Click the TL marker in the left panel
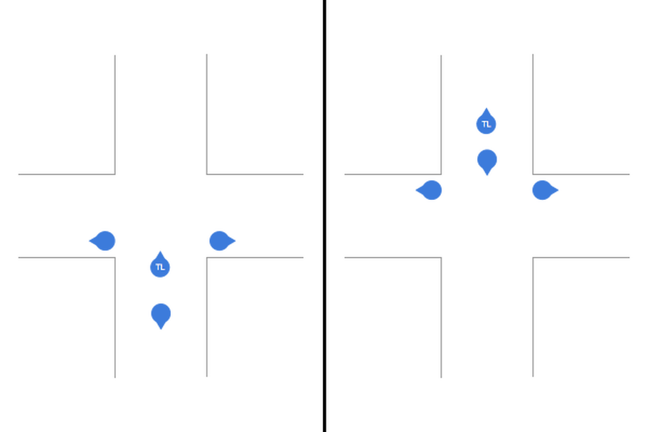(x=159, y=267)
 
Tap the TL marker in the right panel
(x=486, y=125)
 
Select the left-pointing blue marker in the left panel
(x=104, y=241)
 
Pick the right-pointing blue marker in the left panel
(x=220, y=241)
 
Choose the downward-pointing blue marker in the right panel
(x=487, y=159)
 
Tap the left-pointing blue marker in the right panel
(x=431, y=190)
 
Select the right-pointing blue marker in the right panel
(x=543, y=190)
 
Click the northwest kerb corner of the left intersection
(x=115, y=174)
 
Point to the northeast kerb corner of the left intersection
(x=206, y=174)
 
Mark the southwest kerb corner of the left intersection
(x=115, y=258)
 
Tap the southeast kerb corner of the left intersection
(x=206, y=258)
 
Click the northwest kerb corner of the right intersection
(x=441, y=174)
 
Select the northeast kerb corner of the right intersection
(x=533, y=174)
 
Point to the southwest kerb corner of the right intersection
(x=441, y=258)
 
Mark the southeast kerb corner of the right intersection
(x=533, y=258)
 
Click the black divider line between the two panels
(x=323, y=214)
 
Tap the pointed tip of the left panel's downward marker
(x=161, y=330)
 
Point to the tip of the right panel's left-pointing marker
(x=415, y=190)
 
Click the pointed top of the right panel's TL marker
(x=486, y=108)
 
